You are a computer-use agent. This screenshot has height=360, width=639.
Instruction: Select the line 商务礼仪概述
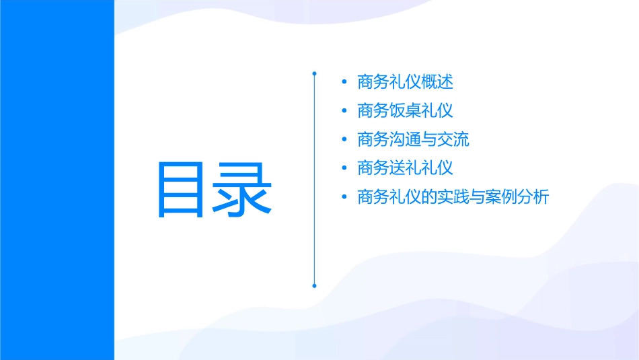coord(406,82)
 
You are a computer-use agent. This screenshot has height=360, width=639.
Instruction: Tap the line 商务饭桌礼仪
coord(406,111)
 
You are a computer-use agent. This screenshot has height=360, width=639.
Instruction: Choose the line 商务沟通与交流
coord(414,140)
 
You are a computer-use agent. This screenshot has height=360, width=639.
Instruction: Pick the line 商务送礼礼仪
coord(406,168)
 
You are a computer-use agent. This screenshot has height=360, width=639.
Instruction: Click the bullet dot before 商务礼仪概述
coord(344,83)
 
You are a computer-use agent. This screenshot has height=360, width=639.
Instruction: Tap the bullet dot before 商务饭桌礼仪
coord(344,111)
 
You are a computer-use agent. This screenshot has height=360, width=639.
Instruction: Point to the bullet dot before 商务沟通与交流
coord(344,140)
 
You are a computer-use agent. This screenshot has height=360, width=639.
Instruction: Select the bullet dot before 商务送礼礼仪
coord(344,169)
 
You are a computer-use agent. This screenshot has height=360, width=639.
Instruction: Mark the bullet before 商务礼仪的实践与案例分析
coord(344,198)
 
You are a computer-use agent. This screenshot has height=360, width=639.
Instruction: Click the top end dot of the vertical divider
coord(314,71)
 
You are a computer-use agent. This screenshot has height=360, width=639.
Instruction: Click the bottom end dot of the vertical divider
coord(314,285)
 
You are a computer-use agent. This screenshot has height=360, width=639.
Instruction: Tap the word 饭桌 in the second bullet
coord(406,111)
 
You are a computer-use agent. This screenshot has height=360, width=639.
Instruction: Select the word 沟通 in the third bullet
coord(406,140)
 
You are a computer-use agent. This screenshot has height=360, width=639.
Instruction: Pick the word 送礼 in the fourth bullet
coord(406,168)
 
